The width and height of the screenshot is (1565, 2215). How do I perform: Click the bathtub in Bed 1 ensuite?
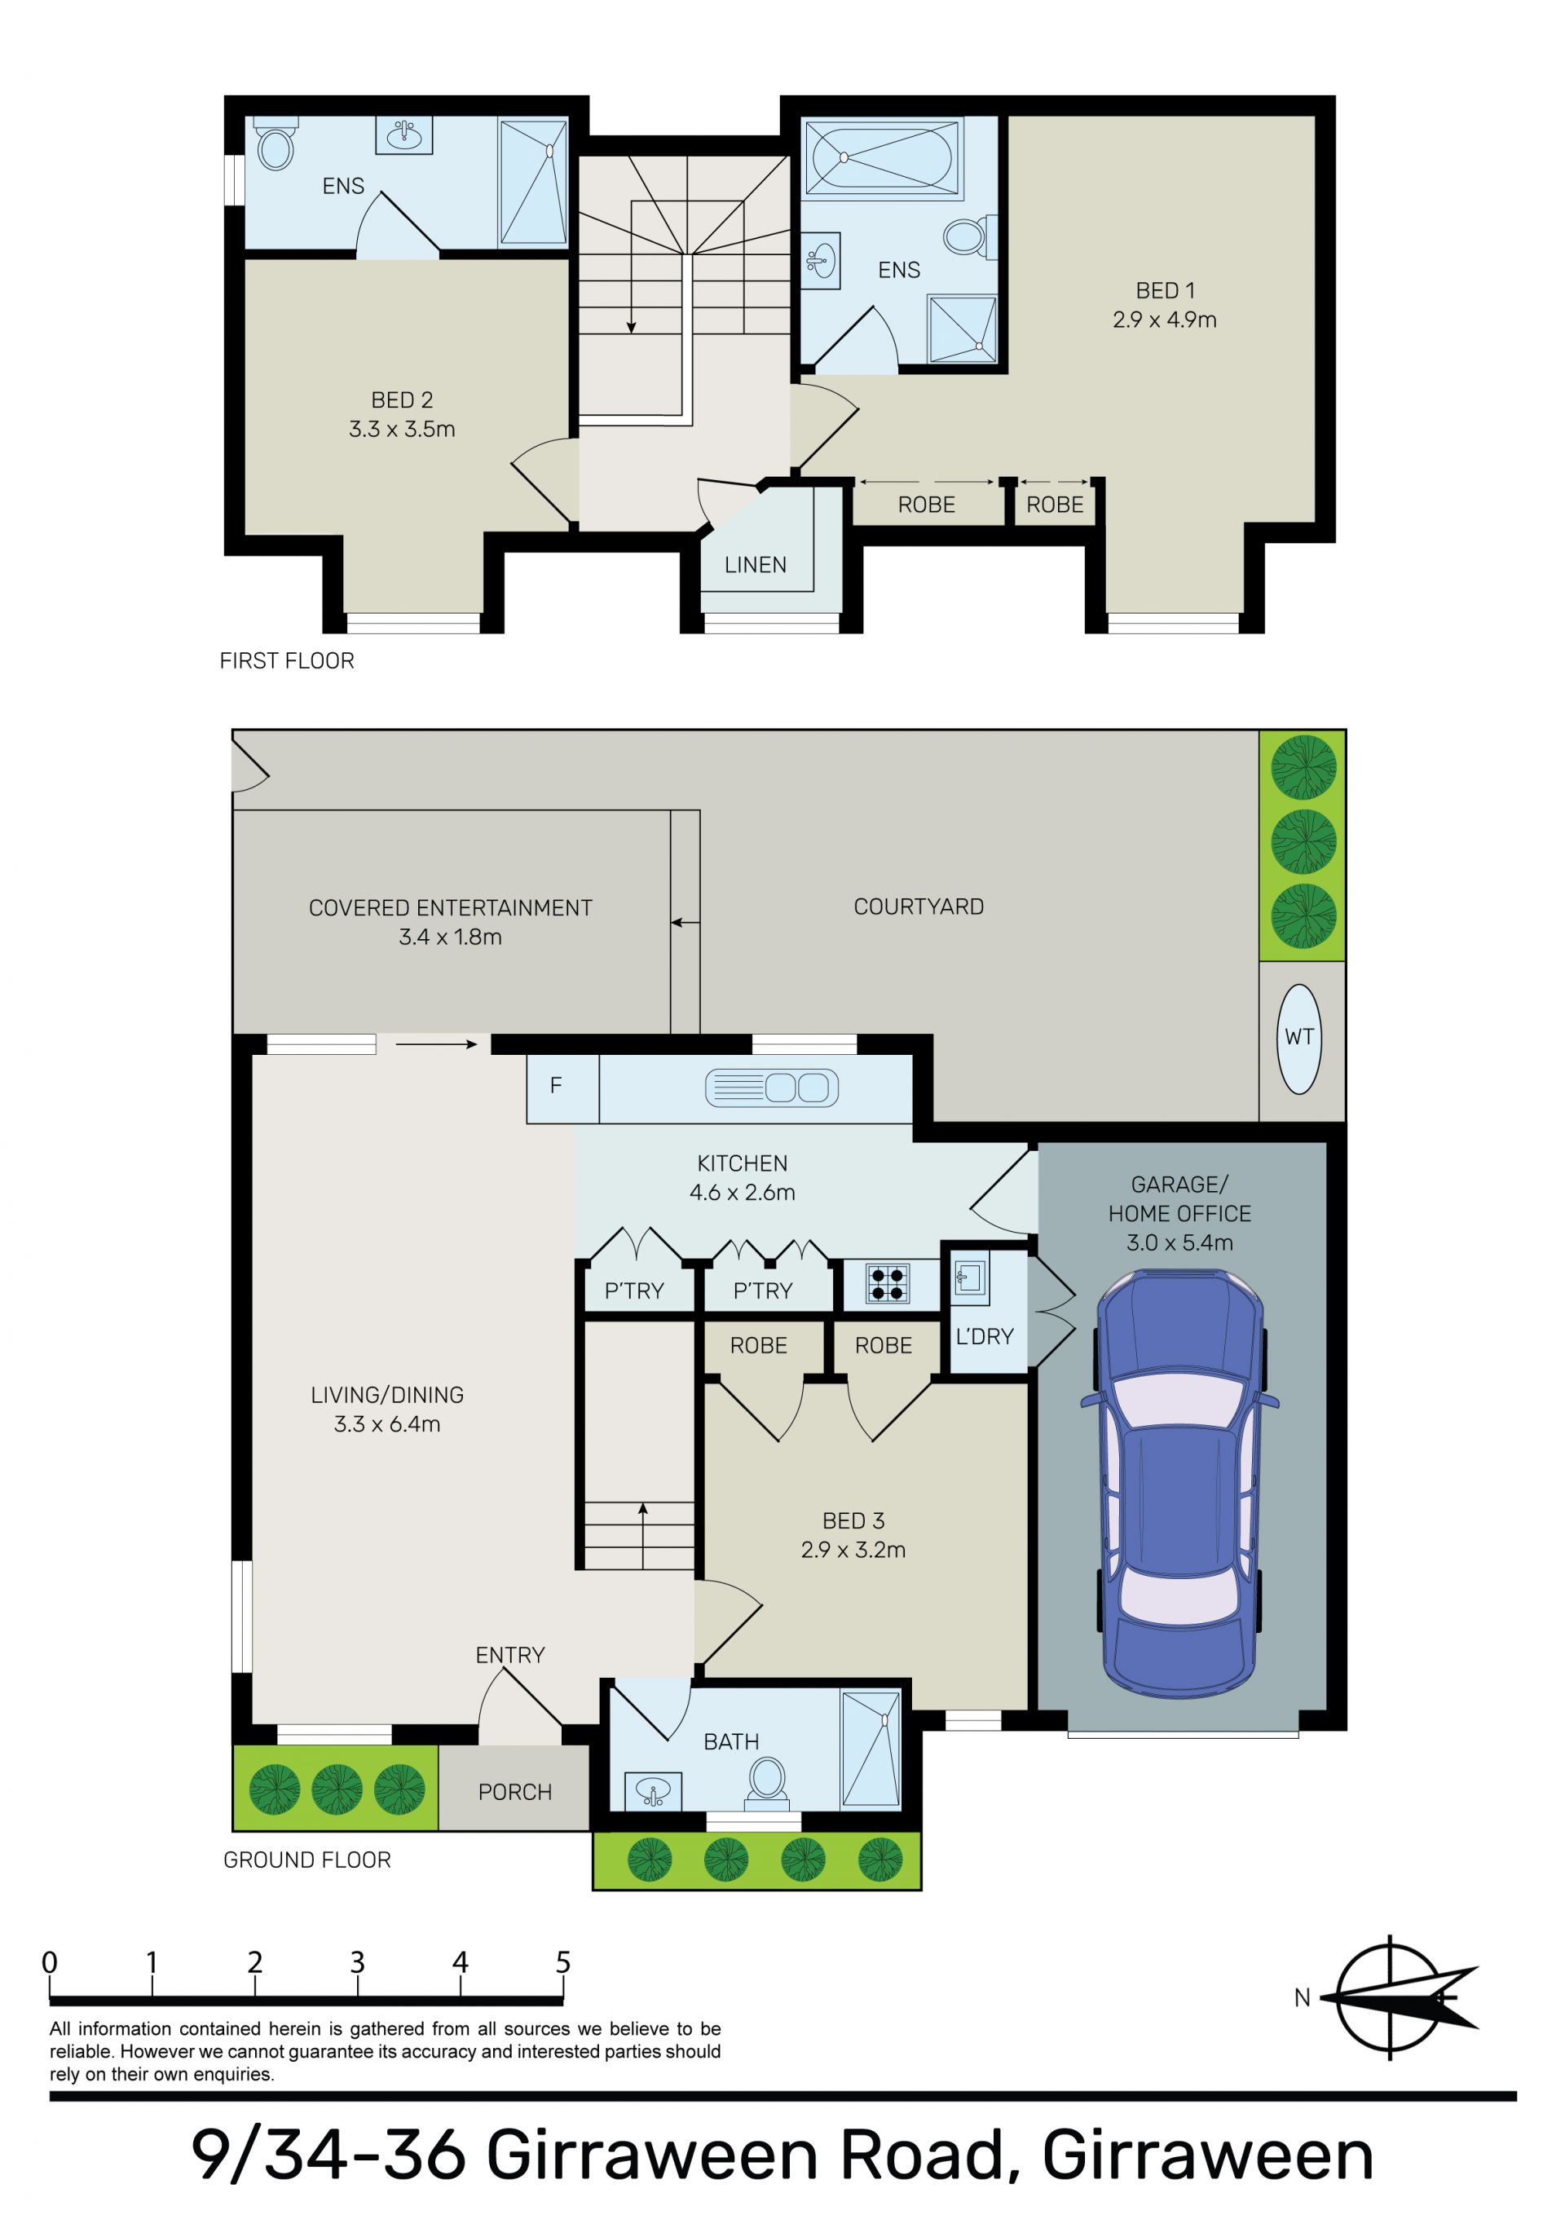click(882, 157)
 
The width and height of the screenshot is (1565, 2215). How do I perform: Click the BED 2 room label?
click(403, 400)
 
